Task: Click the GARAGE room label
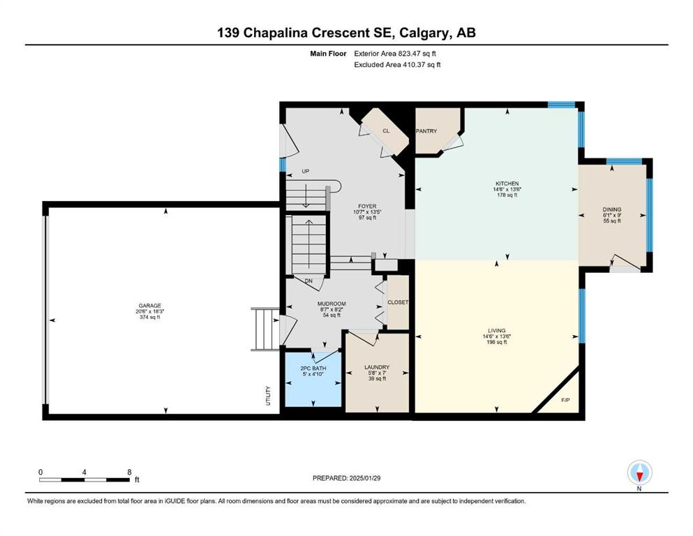tap(150, 306)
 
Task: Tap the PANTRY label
tap(426, 131)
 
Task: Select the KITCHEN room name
tap(507, 184)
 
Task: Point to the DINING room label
tap(612, 209)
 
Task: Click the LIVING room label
tap(497, 331)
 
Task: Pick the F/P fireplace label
tap(565, 401)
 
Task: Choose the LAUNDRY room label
tap(377, 367)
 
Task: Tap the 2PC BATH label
tap(313, 368)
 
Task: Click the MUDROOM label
tap(331, 304)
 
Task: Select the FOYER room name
tap(367, 207)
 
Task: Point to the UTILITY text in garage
tap(268, 396)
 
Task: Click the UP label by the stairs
tap(306, 172)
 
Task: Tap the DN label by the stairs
tap(308, 281)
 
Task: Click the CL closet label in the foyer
tap(386, 131)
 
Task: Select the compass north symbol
tap(639, 473)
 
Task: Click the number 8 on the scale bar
tap(130, 472)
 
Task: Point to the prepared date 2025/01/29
tap(365, 478)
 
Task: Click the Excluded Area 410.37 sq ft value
tap(422, 64)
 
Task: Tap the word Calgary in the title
tap(424, 33)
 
